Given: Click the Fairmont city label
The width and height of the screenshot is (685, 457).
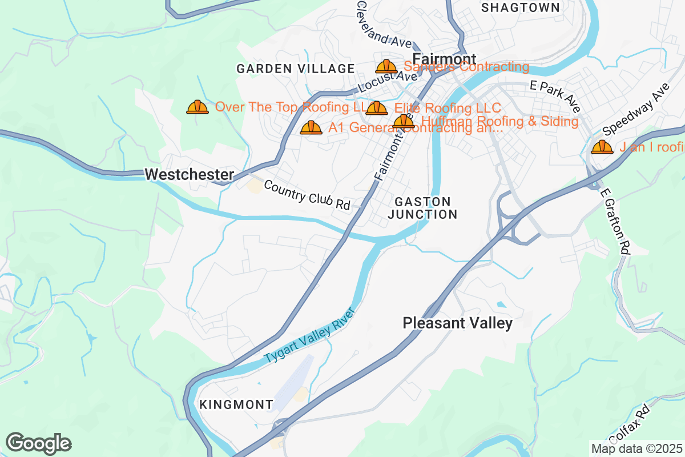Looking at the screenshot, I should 444,59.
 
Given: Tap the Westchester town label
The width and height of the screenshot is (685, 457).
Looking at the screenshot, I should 190,175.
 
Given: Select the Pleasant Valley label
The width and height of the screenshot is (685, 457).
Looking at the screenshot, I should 457,323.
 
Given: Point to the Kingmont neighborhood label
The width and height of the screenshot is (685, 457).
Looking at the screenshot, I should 236,404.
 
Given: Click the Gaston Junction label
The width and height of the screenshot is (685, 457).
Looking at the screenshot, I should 422,208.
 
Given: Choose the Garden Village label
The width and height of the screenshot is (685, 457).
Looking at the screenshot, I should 296,69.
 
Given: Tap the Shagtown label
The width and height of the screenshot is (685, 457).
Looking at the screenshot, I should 520,7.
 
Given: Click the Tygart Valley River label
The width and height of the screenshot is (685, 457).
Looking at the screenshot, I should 310,336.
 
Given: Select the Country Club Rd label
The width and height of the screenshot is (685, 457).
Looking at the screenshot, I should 307,195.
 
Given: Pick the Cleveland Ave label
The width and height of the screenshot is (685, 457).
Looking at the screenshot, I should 383,25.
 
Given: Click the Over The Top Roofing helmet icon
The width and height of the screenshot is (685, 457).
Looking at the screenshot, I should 198,107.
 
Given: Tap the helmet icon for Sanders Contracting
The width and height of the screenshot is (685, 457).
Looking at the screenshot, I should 386,67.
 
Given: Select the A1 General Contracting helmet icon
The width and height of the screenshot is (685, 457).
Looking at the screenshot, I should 311,127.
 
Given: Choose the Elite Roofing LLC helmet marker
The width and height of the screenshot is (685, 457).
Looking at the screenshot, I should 377,108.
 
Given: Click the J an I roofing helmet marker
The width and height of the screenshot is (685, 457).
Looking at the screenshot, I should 602,147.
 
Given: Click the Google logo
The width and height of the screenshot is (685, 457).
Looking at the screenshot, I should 39,443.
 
